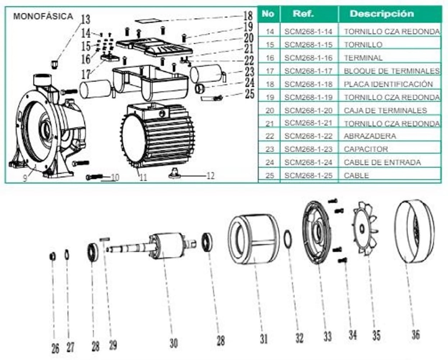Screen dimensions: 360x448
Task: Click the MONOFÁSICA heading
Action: coord(43,17)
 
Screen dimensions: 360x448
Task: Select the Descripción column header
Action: coord(381,14)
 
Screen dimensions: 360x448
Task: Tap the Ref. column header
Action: coord(303,14)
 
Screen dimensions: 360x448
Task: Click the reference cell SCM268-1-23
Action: coord(308,149)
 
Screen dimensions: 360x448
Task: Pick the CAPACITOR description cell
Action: coord(366,149)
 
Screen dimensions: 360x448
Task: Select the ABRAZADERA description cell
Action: coord(370,136)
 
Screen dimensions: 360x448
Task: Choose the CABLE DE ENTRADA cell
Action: coord(382,162)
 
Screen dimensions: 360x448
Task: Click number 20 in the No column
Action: coord(269,110)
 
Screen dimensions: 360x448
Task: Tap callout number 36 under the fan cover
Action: coord(415,335)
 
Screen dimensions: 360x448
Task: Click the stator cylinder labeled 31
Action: coord(253,239)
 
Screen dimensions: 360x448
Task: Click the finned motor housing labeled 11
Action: coord(157,136)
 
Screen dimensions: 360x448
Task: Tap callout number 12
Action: coord(210,176)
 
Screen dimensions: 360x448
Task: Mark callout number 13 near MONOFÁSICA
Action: coord(85,19)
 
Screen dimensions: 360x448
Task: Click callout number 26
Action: coord(55,349)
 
